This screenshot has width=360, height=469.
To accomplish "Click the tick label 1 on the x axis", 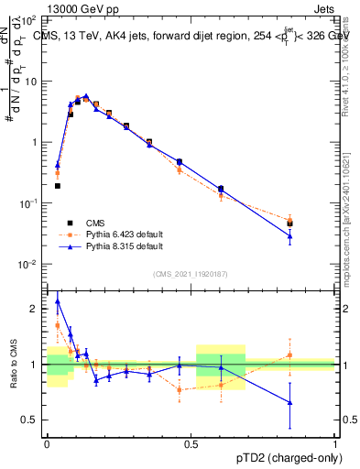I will [334, 442].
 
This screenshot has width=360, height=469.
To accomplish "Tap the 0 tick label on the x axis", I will [47, 442].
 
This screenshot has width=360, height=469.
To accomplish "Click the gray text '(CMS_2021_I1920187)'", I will [191, 274].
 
